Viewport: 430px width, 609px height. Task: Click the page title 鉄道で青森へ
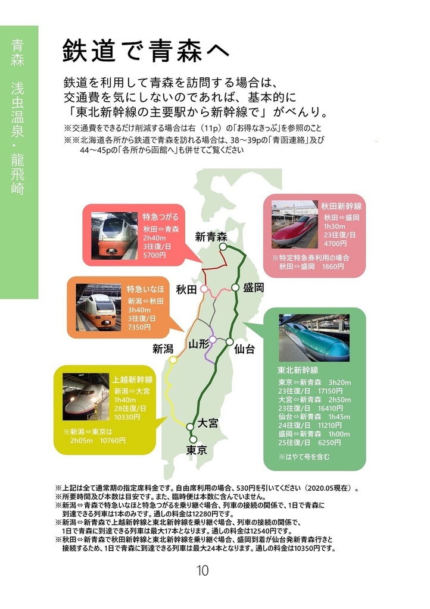tap(146, 52)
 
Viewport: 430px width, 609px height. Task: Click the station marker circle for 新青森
tap(223, 246)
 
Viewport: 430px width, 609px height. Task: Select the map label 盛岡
tap(254, 287)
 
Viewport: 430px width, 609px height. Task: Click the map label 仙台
tap(245, 349)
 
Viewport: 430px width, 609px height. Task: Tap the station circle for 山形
tap(212, 339)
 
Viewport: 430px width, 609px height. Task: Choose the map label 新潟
tap(163, 349)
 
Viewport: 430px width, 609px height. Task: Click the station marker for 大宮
tap(190, 426)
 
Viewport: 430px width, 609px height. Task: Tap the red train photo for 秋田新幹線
tap(295, 224)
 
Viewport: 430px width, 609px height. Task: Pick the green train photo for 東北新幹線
tap(314, 338)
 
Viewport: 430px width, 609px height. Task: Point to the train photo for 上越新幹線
tap(85, 397)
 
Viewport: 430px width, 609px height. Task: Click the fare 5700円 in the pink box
tap(155, 254)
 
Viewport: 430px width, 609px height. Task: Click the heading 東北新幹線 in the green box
tap(298, 370)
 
